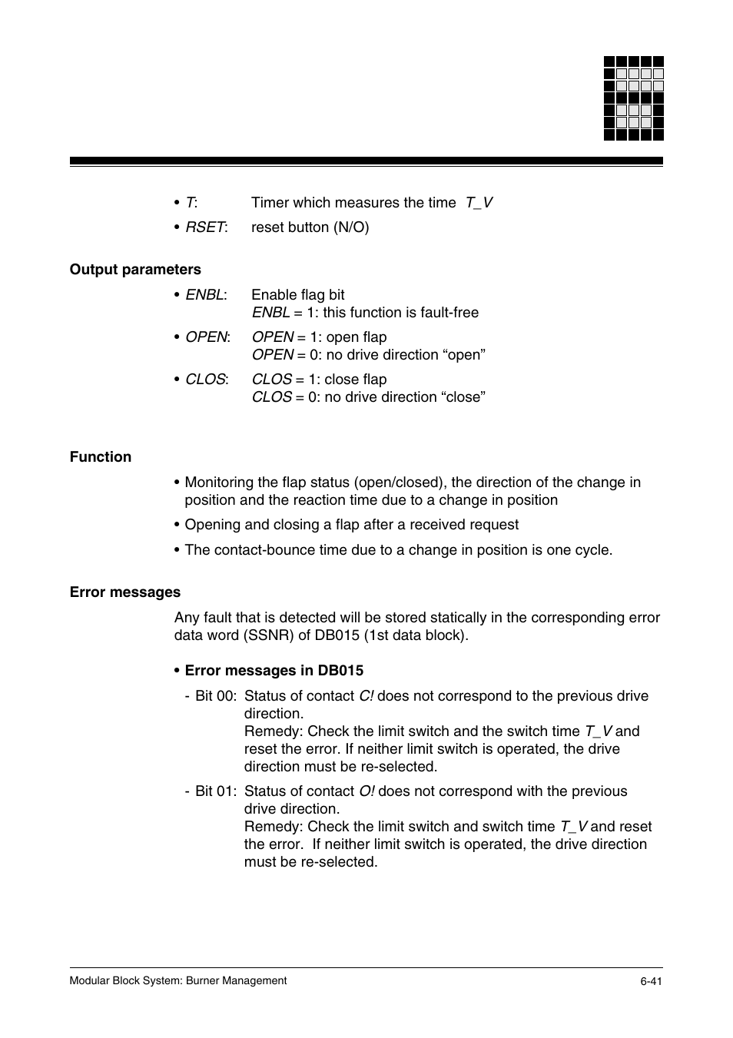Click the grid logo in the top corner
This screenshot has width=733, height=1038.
click(633, 98)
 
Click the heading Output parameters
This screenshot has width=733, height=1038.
click(135, 270)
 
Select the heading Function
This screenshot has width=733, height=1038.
click(101, 457)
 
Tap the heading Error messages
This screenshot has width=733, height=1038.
click(125, 592)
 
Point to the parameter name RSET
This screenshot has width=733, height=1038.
click(205, 227)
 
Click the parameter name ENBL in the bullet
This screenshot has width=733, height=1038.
click(204, 295)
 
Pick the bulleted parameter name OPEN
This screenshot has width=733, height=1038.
click(206, 337)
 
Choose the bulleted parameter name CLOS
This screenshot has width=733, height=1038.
click(205, 380)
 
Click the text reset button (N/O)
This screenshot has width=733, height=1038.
click(310, 227)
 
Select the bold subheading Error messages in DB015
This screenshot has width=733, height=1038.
click(274, 671)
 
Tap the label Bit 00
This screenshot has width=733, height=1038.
click(215, 696)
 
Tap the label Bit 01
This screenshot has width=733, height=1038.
click(215, 791)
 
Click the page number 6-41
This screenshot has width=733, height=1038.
click(651, 981)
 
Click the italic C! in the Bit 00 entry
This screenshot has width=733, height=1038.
click(366, 696)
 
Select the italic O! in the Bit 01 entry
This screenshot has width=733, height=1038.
click(366, 791)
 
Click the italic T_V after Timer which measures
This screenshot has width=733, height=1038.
click(479, 203)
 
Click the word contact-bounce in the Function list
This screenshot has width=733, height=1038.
click(261, 550)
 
